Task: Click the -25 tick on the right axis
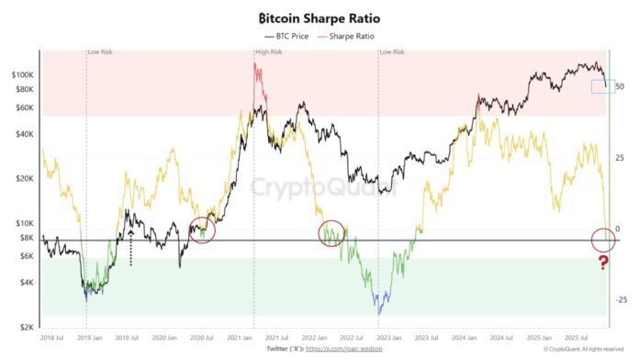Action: pyautogui.click(x=622, y=300)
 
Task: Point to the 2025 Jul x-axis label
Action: pyautogui.click(x=581, y=337)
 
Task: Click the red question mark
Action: pyautogui.click(x=603, y=264)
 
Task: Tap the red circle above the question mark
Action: pyautogui.click(x=603, y=241)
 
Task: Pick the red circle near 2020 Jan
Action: pyautogui.click(x=202, y=230)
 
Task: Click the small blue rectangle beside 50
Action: pyautogui.click(x=601, y=86)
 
